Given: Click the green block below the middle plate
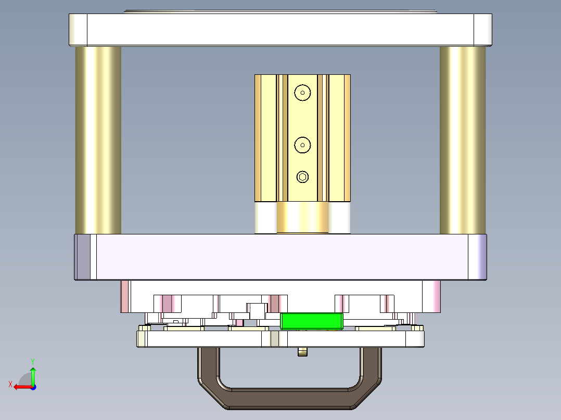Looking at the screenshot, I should tap(312, 321).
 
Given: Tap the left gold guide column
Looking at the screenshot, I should tap(98, 140).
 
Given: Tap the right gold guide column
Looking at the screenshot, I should tap(463, 140).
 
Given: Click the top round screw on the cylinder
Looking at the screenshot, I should tap(302, 93).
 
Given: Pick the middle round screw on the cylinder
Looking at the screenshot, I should tap(302, 145).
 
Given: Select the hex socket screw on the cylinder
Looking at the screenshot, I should tap(302, 177).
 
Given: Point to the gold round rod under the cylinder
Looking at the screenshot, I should tap(302, 218).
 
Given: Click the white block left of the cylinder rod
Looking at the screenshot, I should tap(265, 218).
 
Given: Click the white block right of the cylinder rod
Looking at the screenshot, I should tap(339, 218).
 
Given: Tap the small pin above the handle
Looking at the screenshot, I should tap(302, 352).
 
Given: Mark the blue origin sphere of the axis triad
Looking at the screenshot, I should tap(33, 387).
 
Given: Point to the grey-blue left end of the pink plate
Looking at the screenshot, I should tap(82, 257).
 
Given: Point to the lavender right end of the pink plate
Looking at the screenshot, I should tap(478, 257).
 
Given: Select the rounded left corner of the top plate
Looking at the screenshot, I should tap(78, 29).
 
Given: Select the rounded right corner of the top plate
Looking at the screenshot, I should tap(482, 29).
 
